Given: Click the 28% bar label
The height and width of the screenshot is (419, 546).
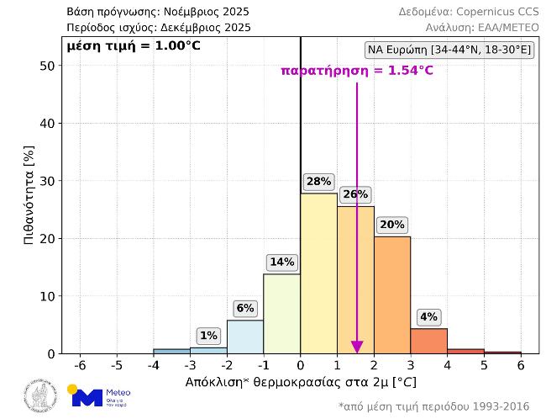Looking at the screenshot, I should click(318, 182).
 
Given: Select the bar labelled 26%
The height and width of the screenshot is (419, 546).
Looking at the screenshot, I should click(355, 278).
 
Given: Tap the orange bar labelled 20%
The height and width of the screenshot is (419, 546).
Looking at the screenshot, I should click(392, 294).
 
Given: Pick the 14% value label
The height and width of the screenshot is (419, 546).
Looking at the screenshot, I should click(281, 263).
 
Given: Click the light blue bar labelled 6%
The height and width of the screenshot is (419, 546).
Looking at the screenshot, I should click(245, 337).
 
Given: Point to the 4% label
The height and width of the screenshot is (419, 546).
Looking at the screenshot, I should click(428, 317).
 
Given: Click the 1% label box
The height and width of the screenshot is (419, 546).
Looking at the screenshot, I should click(208, 336).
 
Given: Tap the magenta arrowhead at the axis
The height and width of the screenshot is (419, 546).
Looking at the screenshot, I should click(357, 347).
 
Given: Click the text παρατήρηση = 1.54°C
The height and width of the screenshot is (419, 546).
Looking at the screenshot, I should click(357, 71).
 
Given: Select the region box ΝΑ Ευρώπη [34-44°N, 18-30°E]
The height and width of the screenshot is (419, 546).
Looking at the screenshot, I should click(449, 50).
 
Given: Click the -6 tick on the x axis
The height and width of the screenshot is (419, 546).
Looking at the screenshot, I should click(80, 366).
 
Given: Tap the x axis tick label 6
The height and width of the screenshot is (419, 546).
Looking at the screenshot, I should click(521, 366).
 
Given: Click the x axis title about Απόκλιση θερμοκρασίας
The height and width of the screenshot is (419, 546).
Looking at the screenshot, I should click(300, 382).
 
